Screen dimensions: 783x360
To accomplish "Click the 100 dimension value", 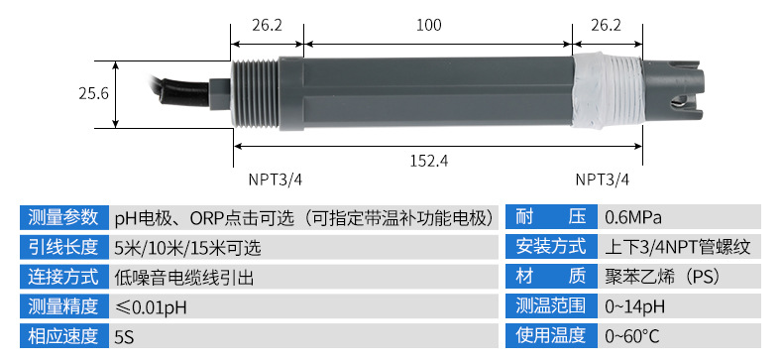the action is [x=429, y=25].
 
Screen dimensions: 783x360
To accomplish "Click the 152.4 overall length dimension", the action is [x=429, y=161].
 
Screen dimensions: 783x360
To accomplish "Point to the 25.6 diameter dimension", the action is [x=93, y=93].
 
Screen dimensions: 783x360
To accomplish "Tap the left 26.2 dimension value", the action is [x=267, y=25].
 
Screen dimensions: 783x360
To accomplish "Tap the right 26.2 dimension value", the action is [x=607, y=25].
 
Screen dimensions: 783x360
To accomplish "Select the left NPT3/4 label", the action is [x=276, y=180].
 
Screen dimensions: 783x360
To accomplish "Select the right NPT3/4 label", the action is [x=603, y=180].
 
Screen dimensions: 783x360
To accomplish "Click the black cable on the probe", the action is [x=182, y=92].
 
